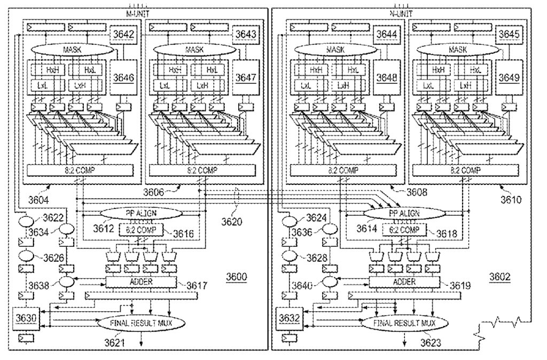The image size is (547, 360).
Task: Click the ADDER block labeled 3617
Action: click(x=141, y=281)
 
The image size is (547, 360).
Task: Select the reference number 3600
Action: click(x=237, y=277)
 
